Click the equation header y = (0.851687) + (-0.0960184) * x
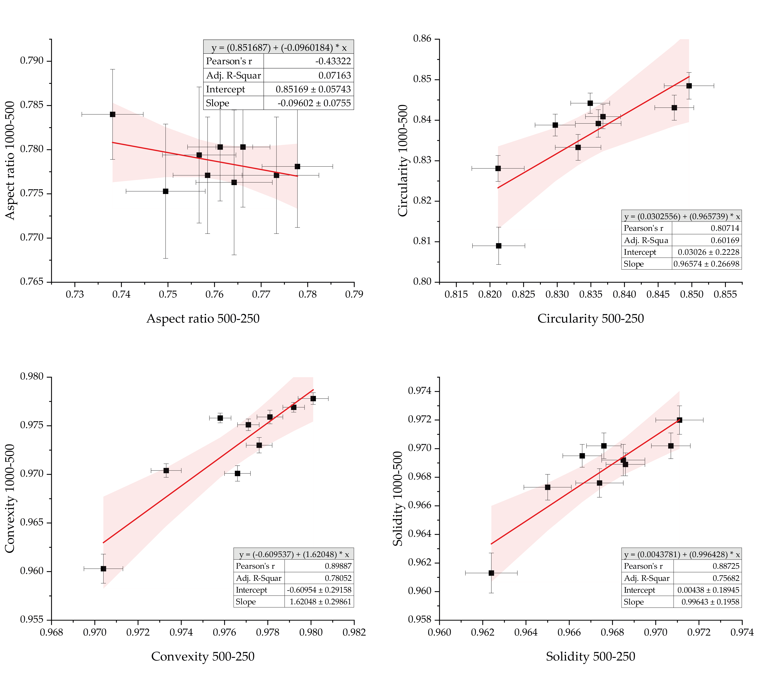279,47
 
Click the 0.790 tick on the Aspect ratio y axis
32,61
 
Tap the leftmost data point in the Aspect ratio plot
113,114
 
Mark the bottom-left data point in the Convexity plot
103,568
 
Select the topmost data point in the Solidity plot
679,420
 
